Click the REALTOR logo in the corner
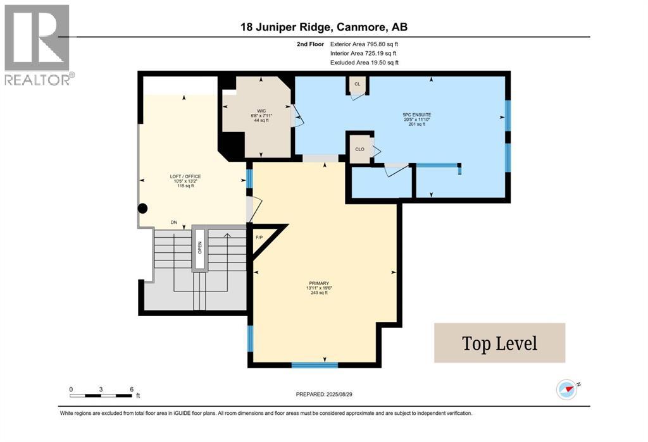click(x=37, y=45)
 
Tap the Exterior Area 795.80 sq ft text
click(x=364, y=44)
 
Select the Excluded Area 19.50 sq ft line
click(x=364, y=63)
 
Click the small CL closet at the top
click(x=358, y=85)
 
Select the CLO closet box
click(x=359, y=150)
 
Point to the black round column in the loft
click(x=143, y=208)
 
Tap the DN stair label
click(x=173, y=223)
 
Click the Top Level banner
click(x=499, y=343)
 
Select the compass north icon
click(x=566, y=388)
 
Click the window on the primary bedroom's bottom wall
click(x=314, y=365)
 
